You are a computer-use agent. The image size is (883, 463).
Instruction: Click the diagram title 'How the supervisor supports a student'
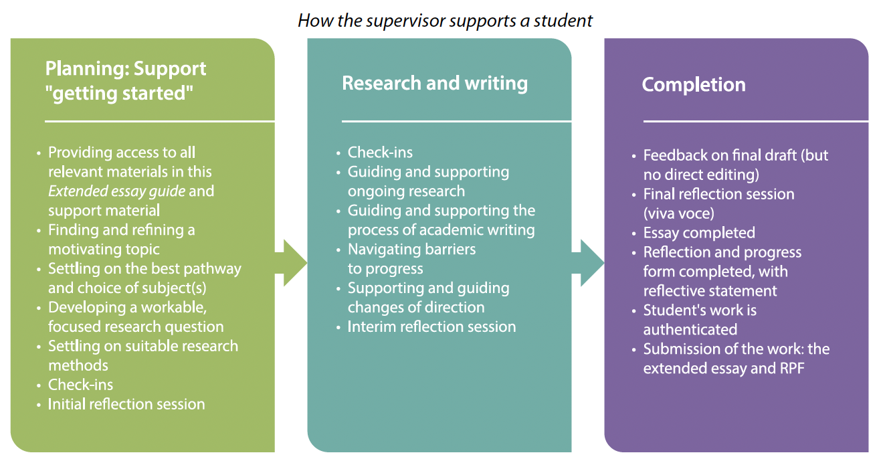(x=445, y=20)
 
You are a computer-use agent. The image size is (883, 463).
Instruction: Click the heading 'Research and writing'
(x=434, y=83)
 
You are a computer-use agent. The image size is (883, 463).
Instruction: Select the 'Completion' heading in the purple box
(x=693, y=84)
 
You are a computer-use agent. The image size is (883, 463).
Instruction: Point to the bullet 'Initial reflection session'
(x=126, y=404)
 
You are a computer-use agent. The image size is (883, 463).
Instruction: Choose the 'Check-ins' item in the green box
(x=80, y=385)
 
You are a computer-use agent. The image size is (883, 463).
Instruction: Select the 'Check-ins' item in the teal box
(x=380, y=152)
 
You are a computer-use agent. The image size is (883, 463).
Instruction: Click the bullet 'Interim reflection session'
(x=431, y=327)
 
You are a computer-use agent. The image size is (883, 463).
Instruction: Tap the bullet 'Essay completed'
(x=699, y=233)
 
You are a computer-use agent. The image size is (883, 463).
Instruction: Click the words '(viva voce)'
(x=678, y=213)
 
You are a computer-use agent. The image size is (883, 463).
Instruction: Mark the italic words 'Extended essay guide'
(x=117, y=191)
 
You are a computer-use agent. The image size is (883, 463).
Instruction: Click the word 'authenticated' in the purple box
(x=690, y=329)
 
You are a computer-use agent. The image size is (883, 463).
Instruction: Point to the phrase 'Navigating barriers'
(x=411, y=250)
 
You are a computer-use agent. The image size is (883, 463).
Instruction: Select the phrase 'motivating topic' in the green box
(x=104, y=249)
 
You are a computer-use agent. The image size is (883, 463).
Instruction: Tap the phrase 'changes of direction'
(x=415, y=308)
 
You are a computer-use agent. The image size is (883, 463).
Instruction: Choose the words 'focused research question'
(x=136, y=327)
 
